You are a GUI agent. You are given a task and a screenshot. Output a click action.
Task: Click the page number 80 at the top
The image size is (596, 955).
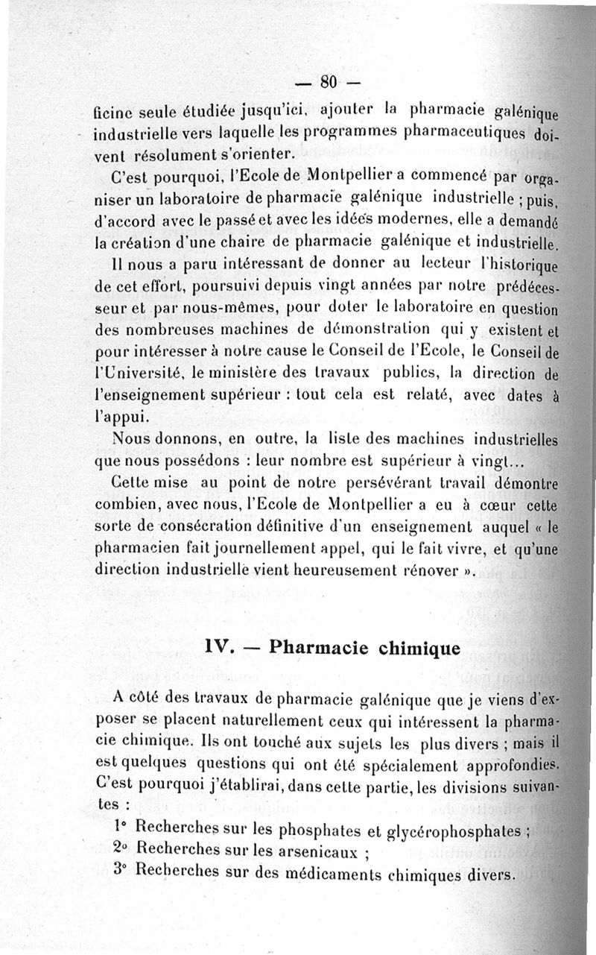(329, 81)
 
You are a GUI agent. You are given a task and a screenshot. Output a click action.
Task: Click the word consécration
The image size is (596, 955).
(213, 528)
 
